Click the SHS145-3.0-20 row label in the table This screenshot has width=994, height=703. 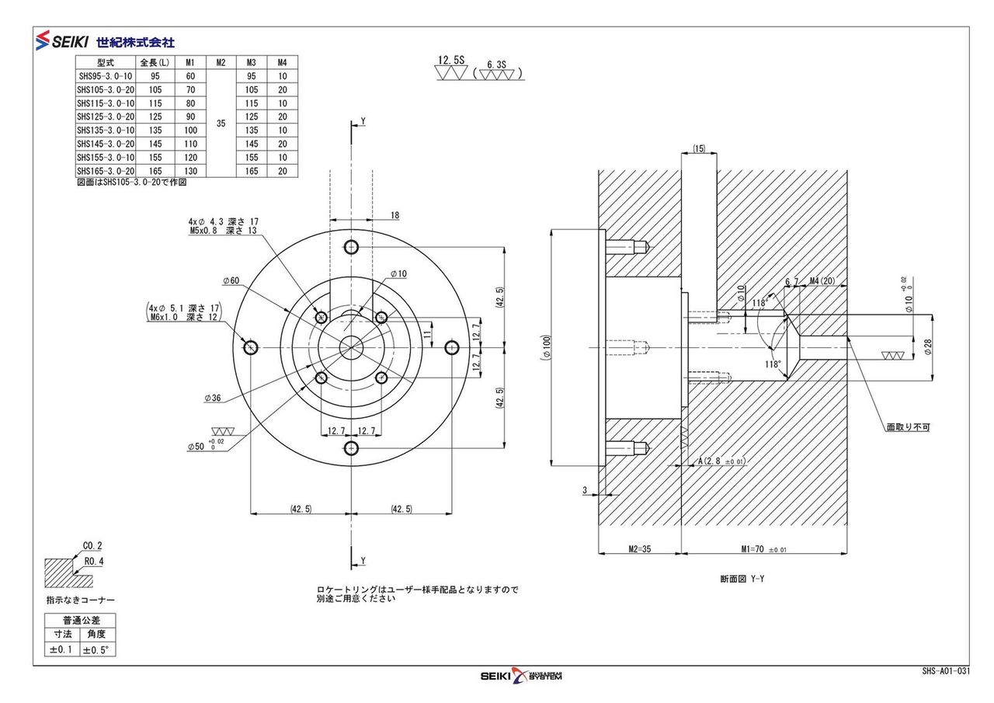click(x=106, y=144)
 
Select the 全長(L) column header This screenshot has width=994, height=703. click(x=154, y=62)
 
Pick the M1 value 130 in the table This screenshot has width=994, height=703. click(x=190, y=171)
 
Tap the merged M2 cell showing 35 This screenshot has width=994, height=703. click(x=221, y=123)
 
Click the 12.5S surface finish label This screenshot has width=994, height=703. click(x=450, y=60)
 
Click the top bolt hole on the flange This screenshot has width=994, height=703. click(x=352, y=248)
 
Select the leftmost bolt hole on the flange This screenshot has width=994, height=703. click(x=252, y=346)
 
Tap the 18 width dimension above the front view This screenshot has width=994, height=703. click(x=394, y=215)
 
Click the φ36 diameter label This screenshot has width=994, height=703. click(x=213, y=398)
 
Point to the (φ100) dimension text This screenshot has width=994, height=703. click(x=546, y=346)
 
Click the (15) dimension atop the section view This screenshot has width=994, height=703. click(x=699, y=148)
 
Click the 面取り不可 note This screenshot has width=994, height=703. click(x=908, y=426)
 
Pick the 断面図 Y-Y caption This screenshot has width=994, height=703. click(x=742, y=579)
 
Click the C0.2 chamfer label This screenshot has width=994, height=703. click(x=92, y=545)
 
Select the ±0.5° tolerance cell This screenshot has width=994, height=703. click(x=97, y=649)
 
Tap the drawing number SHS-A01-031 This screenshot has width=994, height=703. click(x=945, y=671)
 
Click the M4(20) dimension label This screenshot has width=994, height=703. click(x=821, y=281)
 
